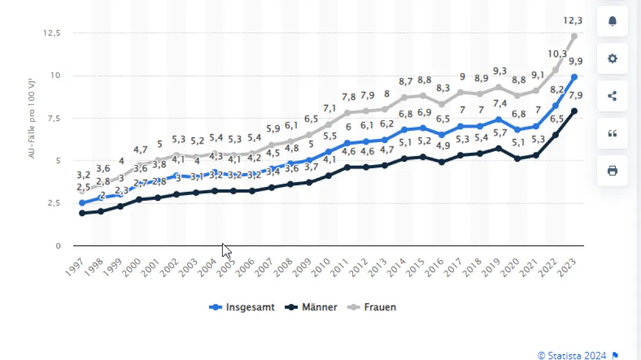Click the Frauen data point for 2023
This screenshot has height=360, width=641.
pos(574,36)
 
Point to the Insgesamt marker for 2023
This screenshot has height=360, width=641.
pos(574,77)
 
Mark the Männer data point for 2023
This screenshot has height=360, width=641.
pos(574,111)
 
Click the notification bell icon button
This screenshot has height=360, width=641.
pos(612,21)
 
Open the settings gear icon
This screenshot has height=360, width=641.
pos(612,58)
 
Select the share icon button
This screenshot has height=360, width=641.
pos(612,96)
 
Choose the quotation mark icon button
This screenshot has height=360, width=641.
pos(612,134)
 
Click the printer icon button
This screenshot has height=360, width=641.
pos(612,171)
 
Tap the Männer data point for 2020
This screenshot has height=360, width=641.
pos(518,159)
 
